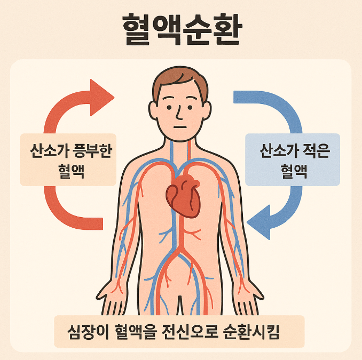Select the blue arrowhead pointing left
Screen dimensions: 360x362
point(260,221)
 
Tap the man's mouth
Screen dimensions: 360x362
point(180,127)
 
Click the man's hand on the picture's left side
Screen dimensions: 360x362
point(113,303)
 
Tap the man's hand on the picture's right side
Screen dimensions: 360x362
point(247,303)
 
